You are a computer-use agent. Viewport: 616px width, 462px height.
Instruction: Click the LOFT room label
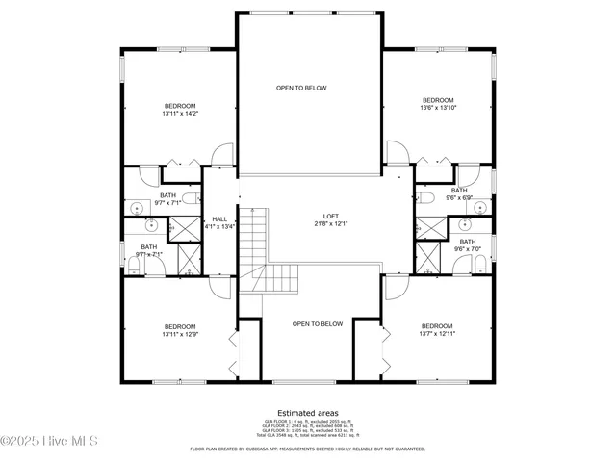coord(330,216)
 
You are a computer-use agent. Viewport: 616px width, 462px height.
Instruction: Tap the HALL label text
coord(219,219)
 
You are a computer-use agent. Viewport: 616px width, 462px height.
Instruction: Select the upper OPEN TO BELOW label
coord(301,88)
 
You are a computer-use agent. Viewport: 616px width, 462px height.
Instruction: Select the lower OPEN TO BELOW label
coord(318,324)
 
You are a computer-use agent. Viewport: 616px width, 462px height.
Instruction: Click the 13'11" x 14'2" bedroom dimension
coord(180,114)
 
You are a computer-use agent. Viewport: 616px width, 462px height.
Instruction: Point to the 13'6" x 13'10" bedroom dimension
coord(438,108)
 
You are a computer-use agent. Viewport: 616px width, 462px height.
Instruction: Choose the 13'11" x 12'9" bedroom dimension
coord(180,335)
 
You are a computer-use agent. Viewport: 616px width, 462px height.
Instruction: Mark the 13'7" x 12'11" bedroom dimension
coord(436,335)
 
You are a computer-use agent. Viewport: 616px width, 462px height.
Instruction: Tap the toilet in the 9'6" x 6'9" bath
coord(427,197)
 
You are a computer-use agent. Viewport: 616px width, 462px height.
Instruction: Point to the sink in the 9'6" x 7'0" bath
coord(466,225)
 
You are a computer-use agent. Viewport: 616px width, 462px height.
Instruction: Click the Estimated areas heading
coord(309,413)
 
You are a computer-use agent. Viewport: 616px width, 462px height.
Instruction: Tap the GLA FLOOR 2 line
coord(309,426)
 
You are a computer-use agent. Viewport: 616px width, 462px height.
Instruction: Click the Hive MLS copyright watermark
coord(47,442)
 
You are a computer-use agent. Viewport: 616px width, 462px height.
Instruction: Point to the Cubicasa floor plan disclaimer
coord(309,449)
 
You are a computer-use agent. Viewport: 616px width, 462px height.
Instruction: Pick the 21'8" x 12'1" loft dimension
coord(330,223)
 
